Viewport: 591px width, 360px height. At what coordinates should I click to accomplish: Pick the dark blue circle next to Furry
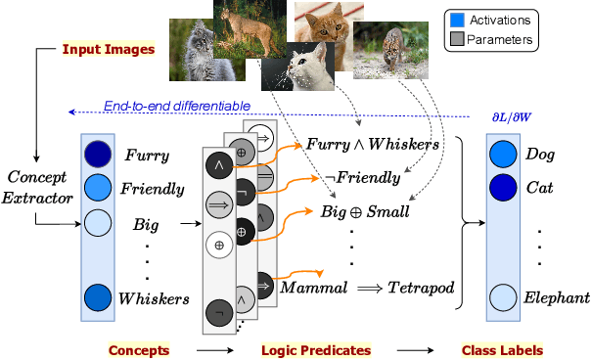click(97, 155)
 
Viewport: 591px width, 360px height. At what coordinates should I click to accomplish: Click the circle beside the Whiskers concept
click(97, 297)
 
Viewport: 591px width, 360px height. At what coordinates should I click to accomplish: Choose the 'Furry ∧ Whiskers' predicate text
click(371, 144)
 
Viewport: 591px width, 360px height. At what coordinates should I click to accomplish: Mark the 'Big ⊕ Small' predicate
click(367, 211)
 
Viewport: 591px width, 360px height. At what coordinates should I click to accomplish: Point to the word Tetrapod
click(420, 289)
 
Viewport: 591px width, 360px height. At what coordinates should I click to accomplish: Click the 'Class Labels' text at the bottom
click(501, 349)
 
